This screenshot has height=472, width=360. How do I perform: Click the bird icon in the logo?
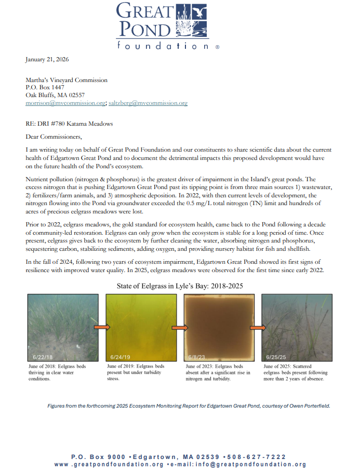pos(198,11)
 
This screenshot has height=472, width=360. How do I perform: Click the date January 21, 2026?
pos(47,60)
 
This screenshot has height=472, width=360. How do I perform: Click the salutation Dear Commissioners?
pos(54,137)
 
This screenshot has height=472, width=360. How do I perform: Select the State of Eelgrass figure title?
pos(180,286)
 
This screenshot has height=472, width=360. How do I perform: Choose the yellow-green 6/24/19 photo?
pos(139,327)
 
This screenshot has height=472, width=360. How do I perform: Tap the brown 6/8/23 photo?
pos(218,327)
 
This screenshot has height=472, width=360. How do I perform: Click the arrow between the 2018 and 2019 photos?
pos(102,327)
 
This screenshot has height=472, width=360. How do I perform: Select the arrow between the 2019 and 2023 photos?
pos(179,328)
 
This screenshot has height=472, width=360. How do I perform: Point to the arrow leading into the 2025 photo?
pos(258,328)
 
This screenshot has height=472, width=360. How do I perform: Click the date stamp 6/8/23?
pos(197,357)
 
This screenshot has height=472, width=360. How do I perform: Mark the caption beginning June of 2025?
pos(295,372)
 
